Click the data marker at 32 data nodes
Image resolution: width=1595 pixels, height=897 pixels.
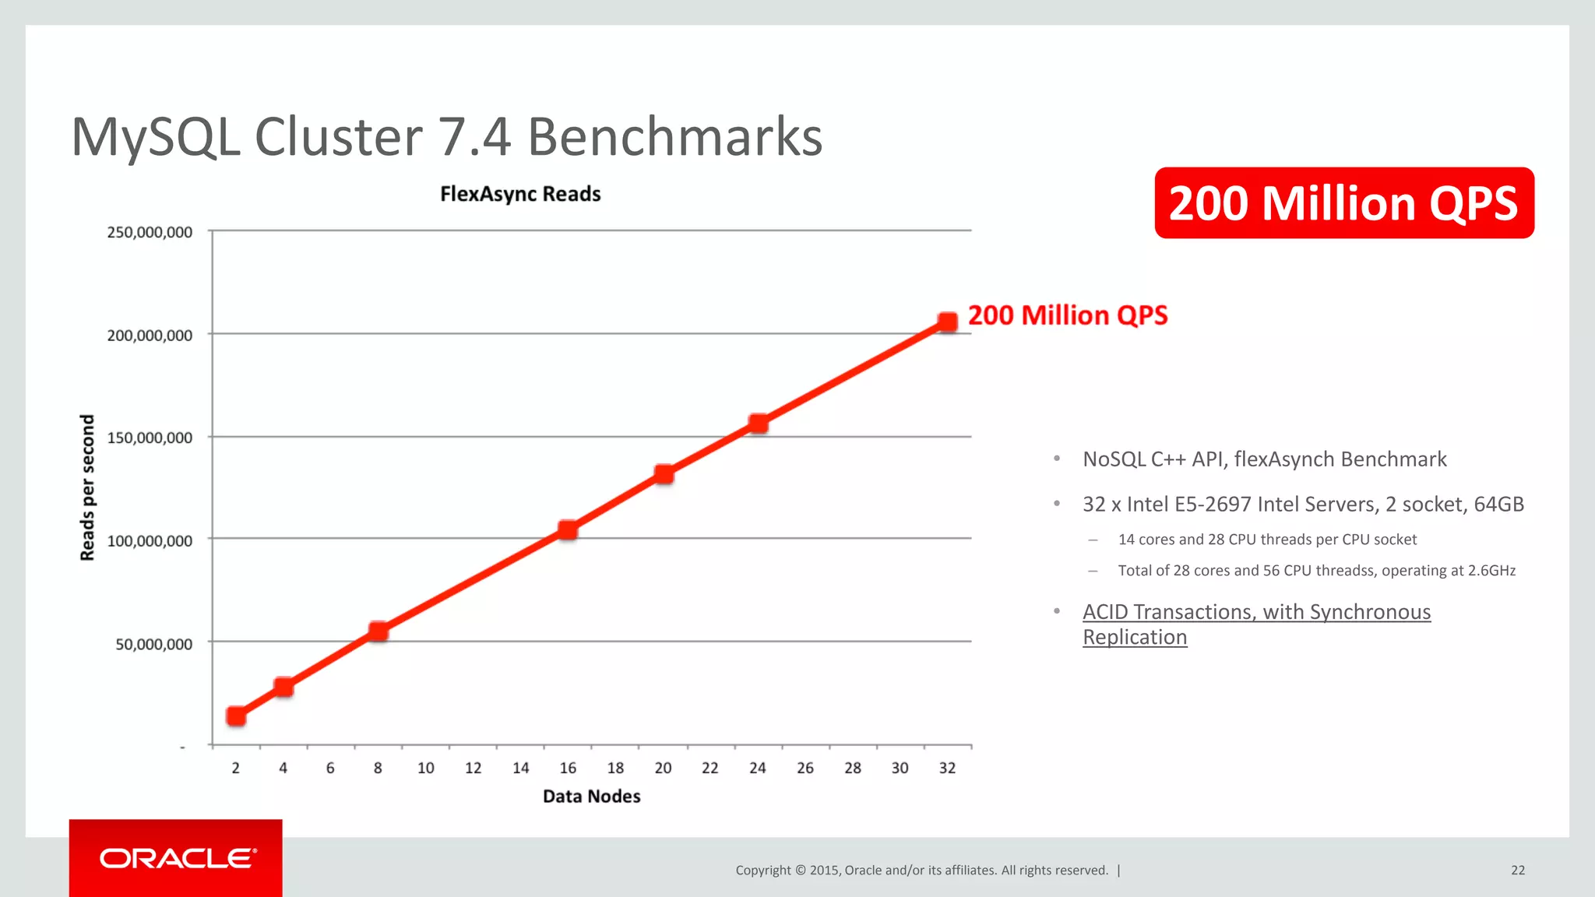(947, 322)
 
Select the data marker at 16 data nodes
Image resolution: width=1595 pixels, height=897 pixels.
(568, 530)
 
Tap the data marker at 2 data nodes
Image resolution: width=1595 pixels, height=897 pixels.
(236, 716)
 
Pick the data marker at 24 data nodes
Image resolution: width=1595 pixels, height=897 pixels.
(758, 424)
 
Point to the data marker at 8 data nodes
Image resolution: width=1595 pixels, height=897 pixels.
(378, 631)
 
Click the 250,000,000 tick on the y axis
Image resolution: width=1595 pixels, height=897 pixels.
(150, 232)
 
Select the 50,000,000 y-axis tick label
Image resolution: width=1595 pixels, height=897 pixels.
(153, 644)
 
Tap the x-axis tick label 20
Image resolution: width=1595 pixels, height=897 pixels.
(663, 768)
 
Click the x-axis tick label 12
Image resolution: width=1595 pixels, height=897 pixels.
(473, 768)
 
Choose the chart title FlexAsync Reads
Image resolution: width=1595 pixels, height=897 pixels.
(520, 194)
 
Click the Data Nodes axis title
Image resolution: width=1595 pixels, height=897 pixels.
(591, 796)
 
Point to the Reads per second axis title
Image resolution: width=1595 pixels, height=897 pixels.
(87, 487)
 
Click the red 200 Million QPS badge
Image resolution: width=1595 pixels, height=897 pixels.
(1343, 203)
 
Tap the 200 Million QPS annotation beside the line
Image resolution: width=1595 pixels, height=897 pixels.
(1067, 315)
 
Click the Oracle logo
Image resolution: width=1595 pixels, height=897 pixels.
(177, 858)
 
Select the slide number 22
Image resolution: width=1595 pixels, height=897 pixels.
(1518, 870)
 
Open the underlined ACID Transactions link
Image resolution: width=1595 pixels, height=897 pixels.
(1255, 613)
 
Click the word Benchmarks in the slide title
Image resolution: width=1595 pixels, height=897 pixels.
(674, 137)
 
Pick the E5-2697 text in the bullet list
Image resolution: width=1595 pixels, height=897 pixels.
(1212, 505)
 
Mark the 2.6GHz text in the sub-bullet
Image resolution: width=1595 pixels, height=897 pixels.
(1491, 571)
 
